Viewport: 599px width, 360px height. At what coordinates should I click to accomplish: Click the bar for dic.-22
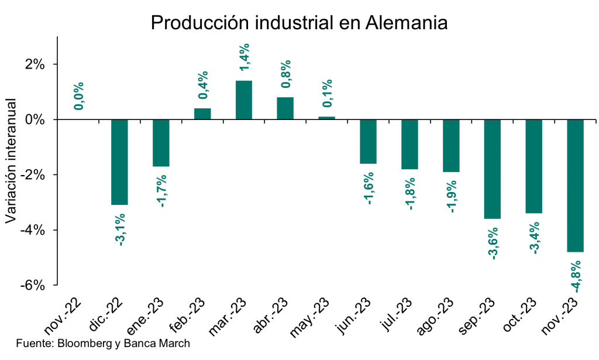119,162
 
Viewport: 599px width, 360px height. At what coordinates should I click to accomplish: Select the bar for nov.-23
576,186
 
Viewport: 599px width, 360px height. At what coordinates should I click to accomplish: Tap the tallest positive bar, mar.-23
244,100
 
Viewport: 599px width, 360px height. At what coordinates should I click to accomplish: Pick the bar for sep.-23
493,169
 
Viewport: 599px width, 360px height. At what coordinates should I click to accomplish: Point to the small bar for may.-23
326,118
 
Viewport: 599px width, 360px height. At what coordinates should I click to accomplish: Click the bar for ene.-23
161,143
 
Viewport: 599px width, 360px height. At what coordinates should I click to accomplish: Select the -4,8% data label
576,273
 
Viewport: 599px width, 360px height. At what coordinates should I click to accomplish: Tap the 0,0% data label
79,95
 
